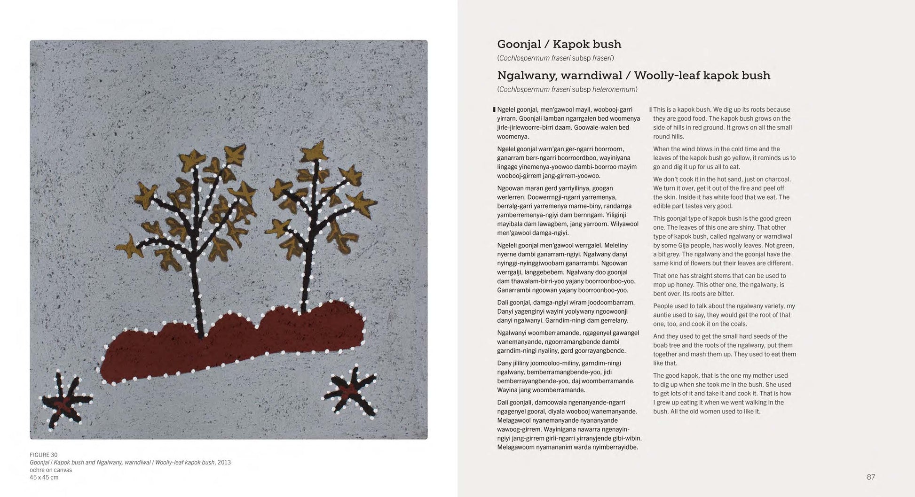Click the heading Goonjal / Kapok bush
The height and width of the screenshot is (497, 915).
559,44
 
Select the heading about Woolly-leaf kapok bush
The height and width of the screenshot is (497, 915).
633,75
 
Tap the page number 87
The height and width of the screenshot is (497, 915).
870,477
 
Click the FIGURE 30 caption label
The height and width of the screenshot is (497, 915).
43,455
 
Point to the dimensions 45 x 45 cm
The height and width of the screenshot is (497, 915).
44,477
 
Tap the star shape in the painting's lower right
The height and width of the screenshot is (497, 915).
350,389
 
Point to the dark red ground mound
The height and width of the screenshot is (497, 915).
235,343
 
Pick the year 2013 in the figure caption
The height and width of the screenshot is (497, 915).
224,462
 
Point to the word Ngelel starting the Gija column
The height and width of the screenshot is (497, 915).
506,109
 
